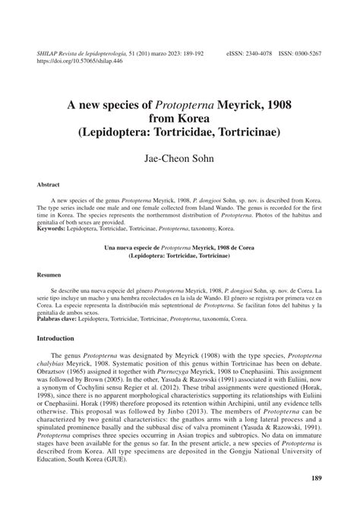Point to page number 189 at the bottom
[319, 478]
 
